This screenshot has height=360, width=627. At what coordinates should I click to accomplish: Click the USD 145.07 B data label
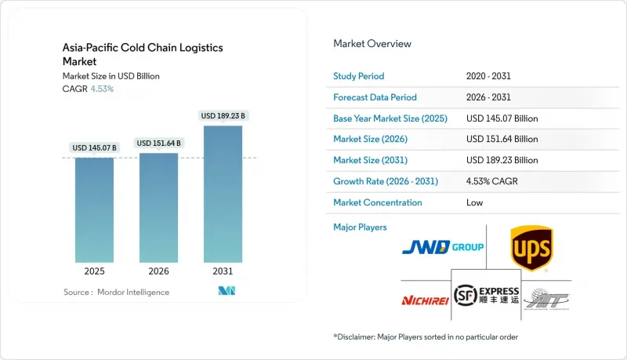94,147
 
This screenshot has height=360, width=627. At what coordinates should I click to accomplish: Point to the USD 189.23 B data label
223,116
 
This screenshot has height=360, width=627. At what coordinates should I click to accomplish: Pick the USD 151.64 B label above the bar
159,143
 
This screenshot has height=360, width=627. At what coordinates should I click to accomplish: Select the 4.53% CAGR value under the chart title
103,89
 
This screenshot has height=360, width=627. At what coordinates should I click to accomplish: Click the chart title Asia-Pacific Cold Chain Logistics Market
143,54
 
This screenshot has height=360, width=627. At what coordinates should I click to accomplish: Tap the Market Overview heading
372,44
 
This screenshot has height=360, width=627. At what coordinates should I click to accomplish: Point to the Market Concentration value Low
474,202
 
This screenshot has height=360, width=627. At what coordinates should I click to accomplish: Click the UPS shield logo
531,248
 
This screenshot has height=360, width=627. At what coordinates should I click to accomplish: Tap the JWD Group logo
443,248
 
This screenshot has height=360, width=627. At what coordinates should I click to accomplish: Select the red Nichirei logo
423,300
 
